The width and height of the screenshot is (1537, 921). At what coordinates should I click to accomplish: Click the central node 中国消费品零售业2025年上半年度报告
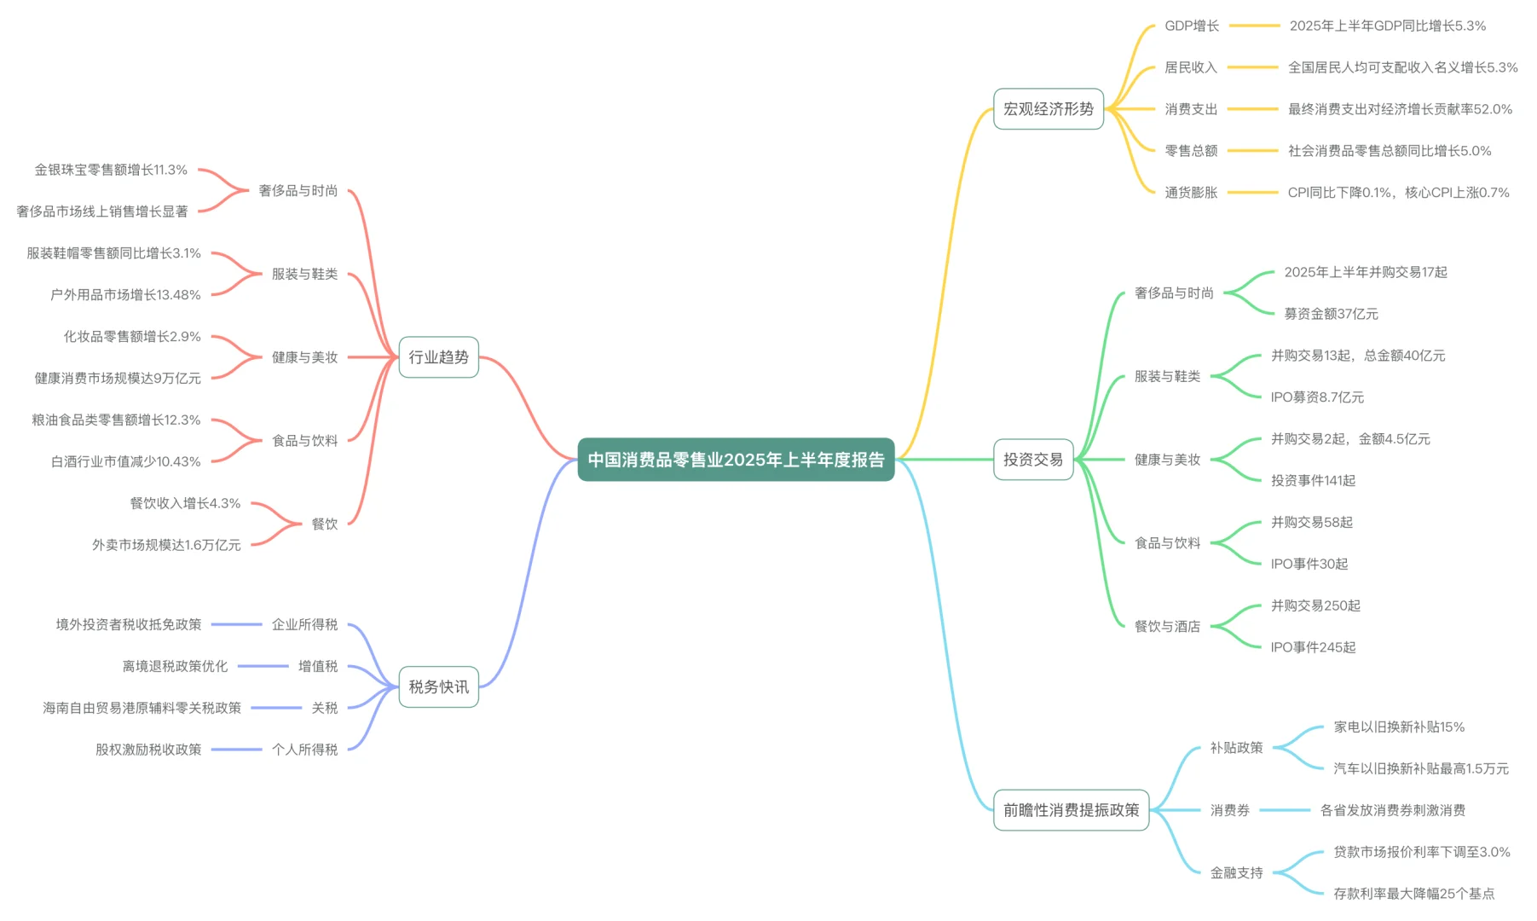coord(736,460)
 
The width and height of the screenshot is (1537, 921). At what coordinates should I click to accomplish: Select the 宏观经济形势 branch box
coord(1048,109)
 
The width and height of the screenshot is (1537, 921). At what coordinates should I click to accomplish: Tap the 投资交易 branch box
coord(1032,460)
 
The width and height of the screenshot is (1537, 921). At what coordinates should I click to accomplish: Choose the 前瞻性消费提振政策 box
coord(1071,810)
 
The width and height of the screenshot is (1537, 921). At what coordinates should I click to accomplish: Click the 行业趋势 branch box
coord(438,357)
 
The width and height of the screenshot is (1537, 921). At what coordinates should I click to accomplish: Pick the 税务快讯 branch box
coord(438,687)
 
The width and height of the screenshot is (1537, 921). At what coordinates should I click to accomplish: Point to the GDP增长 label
coord(1192,26)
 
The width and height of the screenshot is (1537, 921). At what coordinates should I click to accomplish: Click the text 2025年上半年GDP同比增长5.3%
coord(1387,26)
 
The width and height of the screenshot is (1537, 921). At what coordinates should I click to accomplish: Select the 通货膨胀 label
coord(1191,193)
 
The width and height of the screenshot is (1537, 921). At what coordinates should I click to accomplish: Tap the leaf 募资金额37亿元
coord(1331,314)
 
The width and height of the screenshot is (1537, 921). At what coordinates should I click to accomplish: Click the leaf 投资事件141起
coord(1313,481)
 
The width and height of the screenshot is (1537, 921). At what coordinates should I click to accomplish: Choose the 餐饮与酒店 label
coord(1167,627)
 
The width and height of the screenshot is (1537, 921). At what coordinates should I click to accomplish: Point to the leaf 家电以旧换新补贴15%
coord(1399,727)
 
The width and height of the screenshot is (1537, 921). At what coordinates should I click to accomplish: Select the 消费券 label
coord(1229,810)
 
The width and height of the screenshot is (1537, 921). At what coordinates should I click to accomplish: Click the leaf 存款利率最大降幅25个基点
coord(1413,894)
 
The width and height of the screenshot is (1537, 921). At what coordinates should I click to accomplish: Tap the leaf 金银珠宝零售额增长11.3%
coord(111,171)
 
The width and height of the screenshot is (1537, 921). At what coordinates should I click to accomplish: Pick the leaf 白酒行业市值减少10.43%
coord(126,462)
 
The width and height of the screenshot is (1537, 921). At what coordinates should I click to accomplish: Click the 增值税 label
coord(318,667)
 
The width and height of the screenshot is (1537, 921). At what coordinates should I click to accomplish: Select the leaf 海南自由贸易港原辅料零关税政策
coord(142,708)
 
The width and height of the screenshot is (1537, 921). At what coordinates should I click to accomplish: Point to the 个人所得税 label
coord(304,750)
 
